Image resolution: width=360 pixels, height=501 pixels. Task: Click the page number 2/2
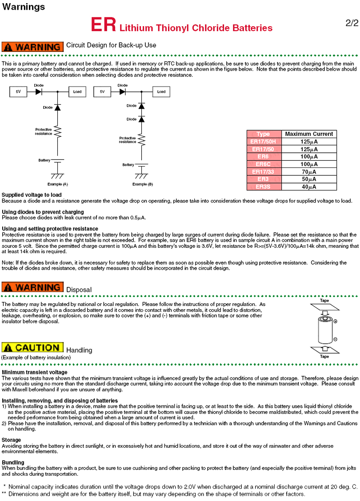pos(352,23)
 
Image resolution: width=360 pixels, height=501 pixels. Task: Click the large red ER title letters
pos(104,25)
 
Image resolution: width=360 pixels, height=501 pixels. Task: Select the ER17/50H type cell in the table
pos(264,142)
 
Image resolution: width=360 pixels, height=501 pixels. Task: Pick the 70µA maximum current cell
pos(308,172)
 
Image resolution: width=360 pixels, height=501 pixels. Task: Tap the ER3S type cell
pos(264,187)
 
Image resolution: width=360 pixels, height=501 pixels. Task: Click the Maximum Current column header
pos(308,134)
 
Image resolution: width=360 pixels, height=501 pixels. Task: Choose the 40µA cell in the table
pos(308,187)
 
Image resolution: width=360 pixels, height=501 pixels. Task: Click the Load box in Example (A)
pos(77,92)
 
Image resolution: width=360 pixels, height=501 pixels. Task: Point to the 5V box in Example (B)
pos(102,92)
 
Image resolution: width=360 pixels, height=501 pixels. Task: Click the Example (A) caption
pos(58,184)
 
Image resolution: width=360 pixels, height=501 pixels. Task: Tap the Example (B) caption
pos(142,184)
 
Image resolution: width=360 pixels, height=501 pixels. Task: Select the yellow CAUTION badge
pos(32,348)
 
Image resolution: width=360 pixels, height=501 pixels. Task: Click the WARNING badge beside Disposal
pos(32,287)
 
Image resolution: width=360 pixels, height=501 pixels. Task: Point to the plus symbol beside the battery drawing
pos(335,322)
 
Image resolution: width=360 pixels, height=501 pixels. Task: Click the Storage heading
pos(11,440)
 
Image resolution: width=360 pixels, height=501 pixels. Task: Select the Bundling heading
pos(13,462)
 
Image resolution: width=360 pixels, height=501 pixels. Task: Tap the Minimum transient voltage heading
pos(35,372)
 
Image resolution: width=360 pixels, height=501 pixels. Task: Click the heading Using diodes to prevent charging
pos(43,212)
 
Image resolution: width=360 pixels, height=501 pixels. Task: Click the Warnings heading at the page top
pos(24,7)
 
